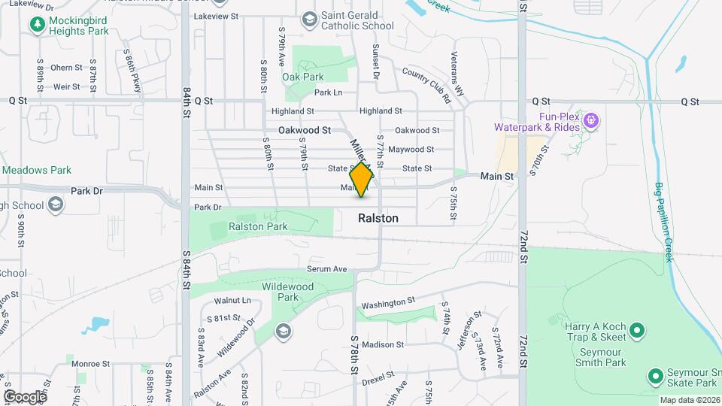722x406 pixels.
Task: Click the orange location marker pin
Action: pos(362,179)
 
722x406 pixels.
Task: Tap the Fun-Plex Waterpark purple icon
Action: pos(592,120)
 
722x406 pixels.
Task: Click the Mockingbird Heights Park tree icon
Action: pos(37,24)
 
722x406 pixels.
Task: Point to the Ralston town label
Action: pos(378,219)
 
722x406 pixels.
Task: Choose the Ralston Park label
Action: pos(258,226)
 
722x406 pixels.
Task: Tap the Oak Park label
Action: pos(303,77)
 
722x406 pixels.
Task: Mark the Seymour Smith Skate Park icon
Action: pos(654,375)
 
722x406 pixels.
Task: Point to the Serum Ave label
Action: pos(326,269)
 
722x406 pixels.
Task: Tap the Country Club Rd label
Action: pos(426,84)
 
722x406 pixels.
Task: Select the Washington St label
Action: pos(388,304)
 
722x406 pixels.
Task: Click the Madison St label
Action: pos(383,345)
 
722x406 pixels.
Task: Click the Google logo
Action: pos(25,396)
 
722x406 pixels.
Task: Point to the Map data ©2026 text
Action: pos(689,400)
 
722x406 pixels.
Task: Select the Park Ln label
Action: pos(328,92)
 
